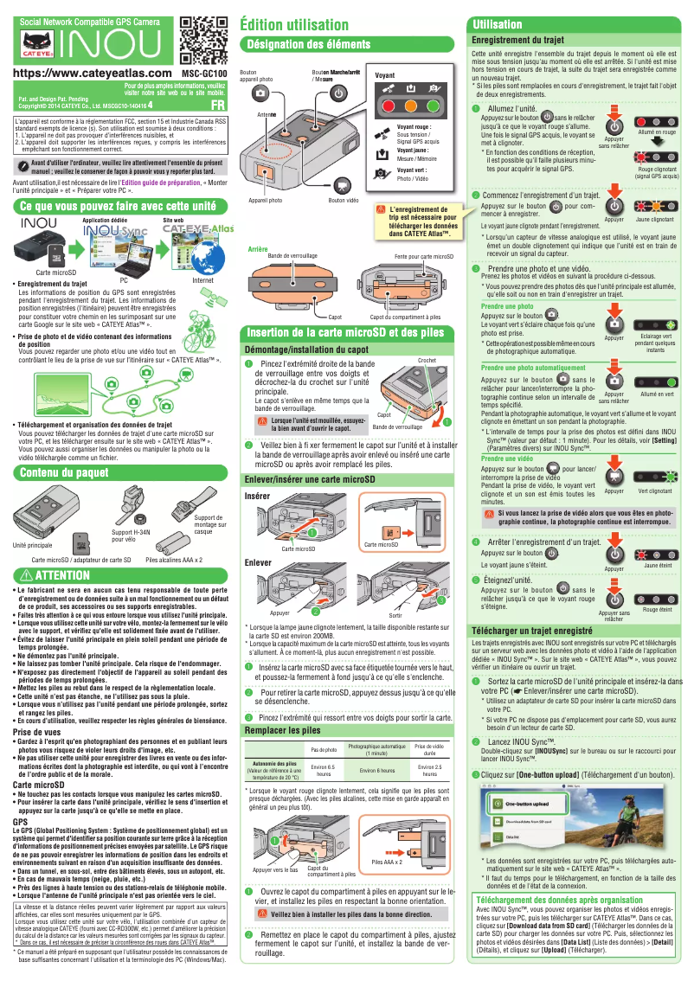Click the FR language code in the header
coord(218,105)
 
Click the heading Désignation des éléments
coord(309,43)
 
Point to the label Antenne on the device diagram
coord(267,115)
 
